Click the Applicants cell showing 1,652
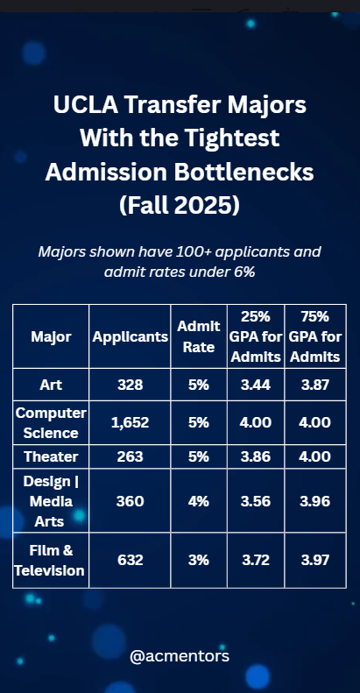[x=130, y=422]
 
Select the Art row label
[x=51, y=385]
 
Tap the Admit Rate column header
[x=198, y=336]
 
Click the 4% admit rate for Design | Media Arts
[x=198, y=501]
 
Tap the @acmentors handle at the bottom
[x=179, y=654]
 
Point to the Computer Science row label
[x=51, y=422]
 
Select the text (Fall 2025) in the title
[x=179, y=207]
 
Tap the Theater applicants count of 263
[x=130, y=456]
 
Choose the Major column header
[x=51, y=336]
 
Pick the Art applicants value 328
[x=130, y=385]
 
